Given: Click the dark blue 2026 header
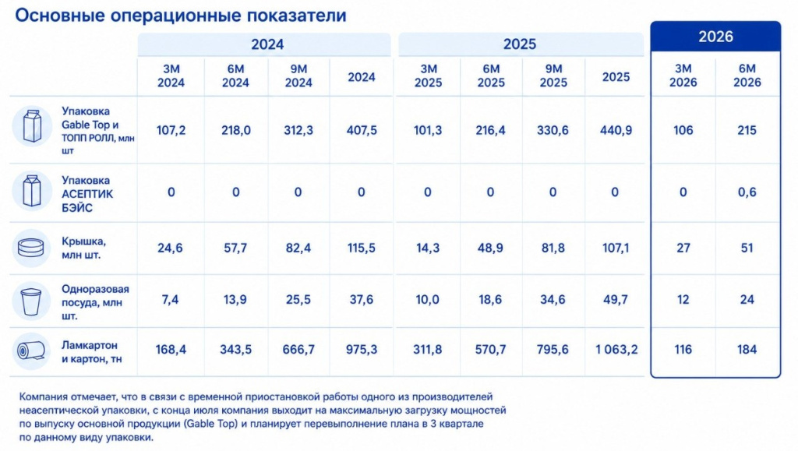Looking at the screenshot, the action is point(715,37).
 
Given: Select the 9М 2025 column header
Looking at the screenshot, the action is point(553,76).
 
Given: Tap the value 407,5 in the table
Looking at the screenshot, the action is point(362,130).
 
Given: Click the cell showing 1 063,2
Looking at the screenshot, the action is point(616,349).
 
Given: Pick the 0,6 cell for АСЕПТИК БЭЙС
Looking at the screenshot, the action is point(747,192).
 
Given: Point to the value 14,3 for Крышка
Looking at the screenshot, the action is point(428,248).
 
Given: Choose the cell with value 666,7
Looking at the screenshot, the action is point(298,349).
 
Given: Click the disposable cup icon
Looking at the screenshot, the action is point(31,301).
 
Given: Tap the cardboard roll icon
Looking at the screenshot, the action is point(31,351).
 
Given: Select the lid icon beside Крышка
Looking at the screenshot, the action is point(31,248).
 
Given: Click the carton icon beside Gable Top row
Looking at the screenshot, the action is point(31,125).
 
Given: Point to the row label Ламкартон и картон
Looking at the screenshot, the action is point(92,352).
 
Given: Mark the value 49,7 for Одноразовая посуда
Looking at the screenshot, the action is point(616,299).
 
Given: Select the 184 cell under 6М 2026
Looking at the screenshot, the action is point(747,349).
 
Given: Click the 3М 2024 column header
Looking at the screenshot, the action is point(171,76).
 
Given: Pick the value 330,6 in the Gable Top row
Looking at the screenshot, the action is point(553,130).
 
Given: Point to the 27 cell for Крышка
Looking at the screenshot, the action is point(683,248).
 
